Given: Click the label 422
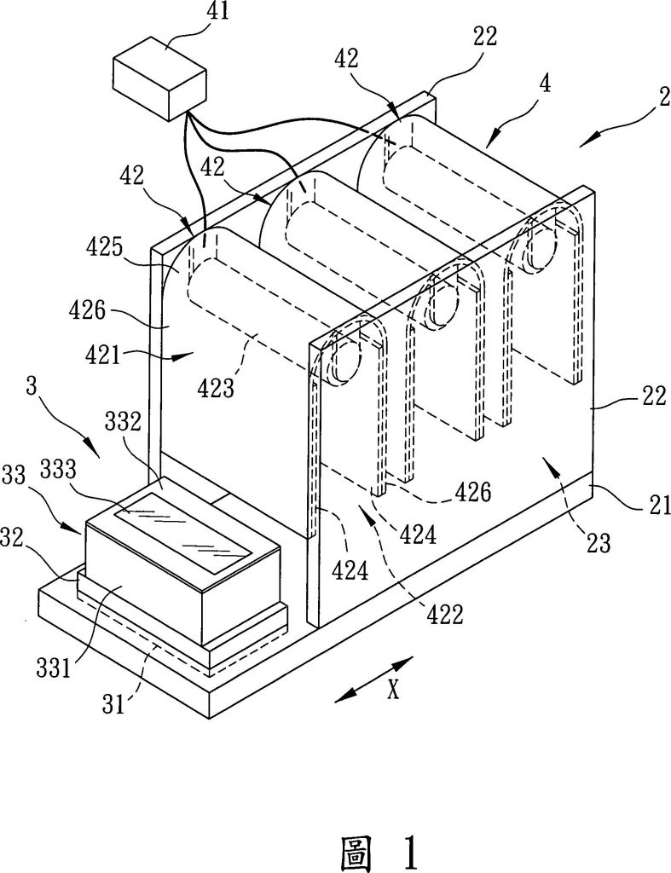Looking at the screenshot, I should (444, 612).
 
